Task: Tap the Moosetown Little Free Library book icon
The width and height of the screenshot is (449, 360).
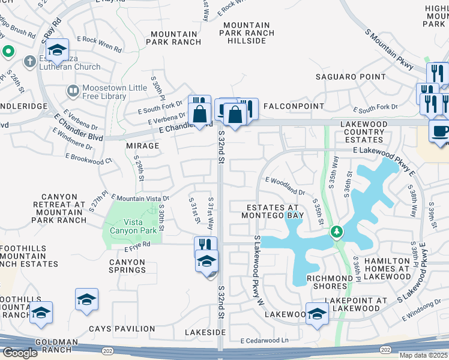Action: click(x=73, y=91)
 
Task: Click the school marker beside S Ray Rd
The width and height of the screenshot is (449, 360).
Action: click(x=58, y=50)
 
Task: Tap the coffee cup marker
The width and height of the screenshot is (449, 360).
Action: click(x=439, y=132)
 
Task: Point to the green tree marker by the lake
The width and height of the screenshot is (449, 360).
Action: click(x=337, y=232)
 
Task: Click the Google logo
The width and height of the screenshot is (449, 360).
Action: click(x=20, y=353)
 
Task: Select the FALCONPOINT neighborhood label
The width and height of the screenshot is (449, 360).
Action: click(x=289, y=106)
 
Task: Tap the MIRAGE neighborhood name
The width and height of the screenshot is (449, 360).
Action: click(x=143, y=146)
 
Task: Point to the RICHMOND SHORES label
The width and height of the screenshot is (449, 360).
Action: click(x=330, y=283)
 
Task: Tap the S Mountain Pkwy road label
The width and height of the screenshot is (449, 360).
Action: click(x=390, y=47)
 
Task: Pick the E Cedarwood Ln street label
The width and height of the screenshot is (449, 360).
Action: click(x=264, y=340)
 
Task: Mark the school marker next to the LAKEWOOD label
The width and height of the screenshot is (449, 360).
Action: click(x=317, y=314)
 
